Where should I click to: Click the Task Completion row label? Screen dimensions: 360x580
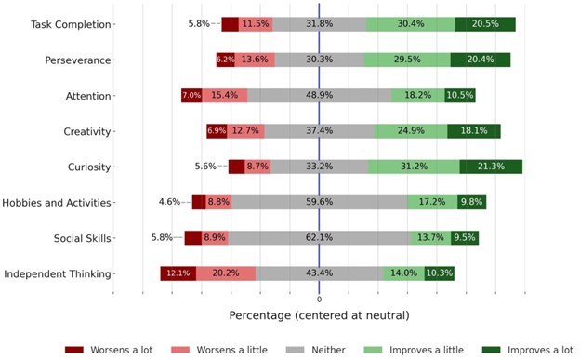point(58,24)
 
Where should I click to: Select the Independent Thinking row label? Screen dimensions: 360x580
point(58,273)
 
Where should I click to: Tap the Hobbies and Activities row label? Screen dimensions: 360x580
point(57,202)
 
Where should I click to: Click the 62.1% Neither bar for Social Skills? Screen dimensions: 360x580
point(319,238)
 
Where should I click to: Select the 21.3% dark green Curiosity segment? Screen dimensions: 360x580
point(490,167)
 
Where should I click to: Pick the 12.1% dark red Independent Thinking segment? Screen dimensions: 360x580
point(178,273)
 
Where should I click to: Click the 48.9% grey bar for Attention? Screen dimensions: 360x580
point(319,96)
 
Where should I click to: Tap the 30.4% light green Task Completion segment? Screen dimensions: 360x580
point(410,24)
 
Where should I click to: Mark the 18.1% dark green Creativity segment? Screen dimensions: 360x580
point(473,131)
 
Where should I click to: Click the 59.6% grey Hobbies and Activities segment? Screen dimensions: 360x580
point(319,202)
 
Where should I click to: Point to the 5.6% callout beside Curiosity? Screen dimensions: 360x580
point(204,167)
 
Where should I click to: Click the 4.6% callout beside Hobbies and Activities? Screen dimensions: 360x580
point(169,202)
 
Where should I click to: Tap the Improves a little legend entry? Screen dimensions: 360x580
point(415,350)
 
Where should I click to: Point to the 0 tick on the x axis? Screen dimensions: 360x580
point(319,300)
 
